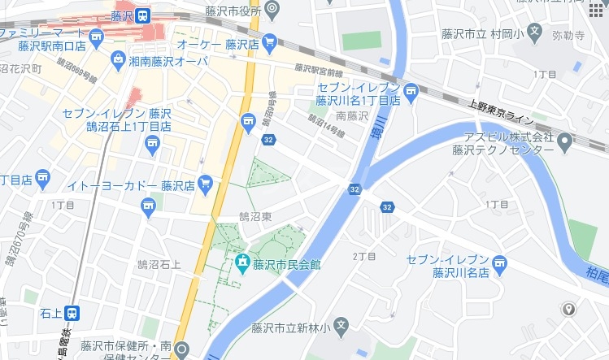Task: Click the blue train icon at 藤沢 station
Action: (x=143, y=15)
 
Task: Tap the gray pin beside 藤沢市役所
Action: (x=272, y=10)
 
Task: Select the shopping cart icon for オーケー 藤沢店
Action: (x=270, y=41)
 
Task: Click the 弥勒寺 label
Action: (x=568, y=37)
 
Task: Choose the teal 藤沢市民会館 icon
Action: (x=241, y=263)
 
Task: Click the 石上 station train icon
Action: (x=72, y=312)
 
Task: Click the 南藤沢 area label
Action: (x=352, y=116)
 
